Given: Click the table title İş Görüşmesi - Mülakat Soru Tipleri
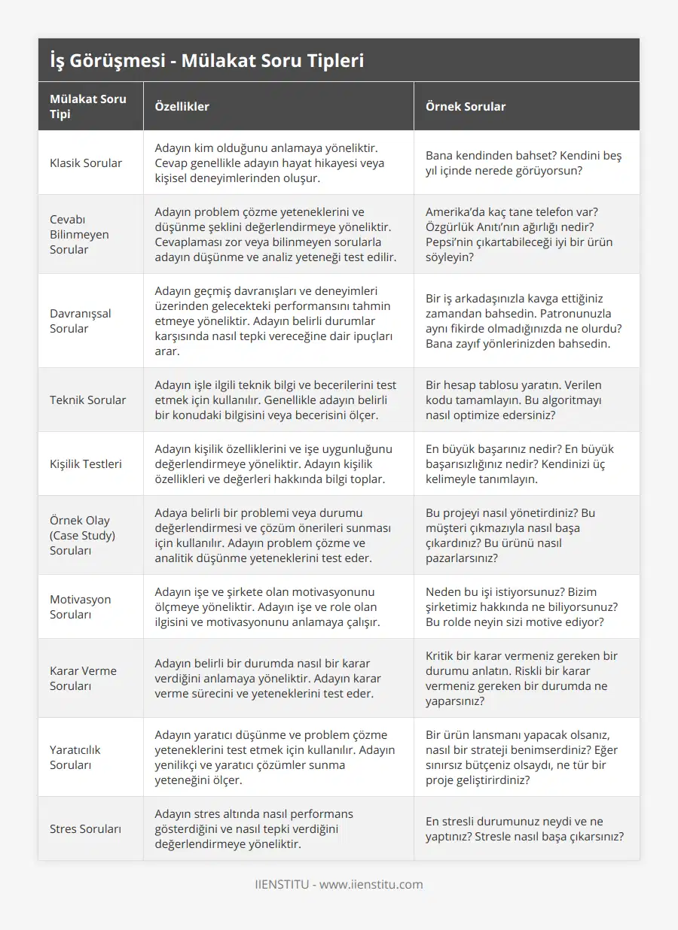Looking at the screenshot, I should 206,60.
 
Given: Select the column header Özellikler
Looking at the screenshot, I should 182,106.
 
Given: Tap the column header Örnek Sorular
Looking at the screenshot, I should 466,106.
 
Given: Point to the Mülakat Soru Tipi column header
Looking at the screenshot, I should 88,106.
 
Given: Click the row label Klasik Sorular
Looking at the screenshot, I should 86,163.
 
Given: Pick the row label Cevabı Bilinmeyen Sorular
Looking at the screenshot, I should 79,234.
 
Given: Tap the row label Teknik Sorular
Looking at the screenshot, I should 87,400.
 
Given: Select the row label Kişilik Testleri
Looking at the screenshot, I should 86,463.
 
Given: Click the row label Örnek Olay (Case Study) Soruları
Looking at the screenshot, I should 82,535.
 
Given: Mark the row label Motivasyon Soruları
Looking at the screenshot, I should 80,606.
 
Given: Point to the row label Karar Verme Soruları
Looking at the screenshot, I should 83,678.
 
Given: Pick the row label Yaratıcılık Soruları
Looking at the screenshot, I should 75,757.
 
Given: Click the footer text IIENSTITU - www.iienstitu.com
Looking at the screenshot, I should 339,884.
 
